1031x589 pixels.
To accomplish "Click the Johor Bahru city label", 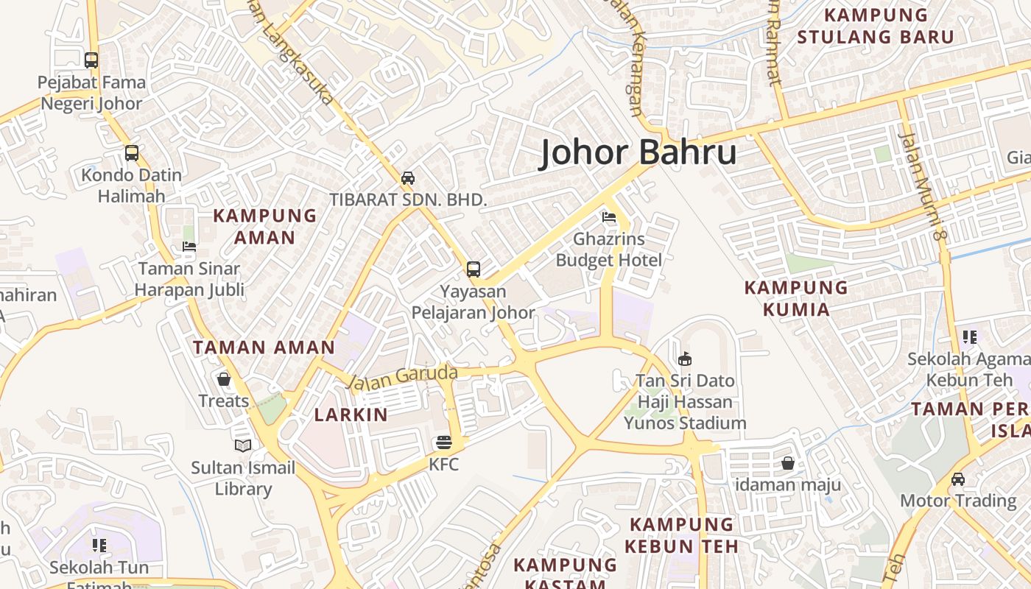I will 638,152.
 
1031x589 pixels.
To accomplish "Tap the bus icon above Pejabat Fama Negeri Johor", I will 91,60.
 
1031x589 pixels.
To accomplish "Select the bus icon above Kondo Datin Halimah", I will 132,153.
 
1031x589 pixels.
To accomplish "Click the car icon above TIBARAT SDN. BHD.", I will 407,177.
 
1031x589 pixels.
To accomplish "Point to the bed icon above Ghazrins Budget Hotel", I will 609,217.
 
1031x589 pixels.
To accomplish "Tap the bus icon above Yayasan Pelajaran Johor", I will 474,269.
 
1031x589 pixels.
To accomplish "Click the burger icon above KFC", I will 443,442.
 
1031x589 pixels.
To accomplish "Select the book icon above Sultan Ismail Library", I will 243,445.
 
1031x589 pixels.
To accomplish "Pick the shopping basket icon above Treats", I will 224,379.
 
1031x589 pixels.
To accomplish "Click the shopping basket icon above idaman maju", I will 788,463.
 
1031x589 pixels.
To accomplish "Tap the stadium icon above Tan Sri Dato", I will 685,359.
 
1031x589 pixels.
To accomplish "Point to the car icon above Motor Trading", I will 957,479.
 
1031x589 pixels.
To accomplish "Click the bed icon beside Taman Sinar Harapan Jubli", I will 189,247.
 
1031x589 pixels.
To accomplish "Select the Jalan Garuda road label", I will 402,376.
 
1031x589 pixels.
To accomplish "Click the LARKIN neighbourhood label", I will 351,415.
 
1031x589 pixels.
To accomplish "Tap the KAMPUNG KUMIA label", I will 796,298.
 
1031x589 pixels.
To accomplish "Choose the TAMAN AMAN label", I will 264,348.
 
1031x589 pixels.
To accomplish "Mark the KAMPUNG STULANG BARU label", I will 876,26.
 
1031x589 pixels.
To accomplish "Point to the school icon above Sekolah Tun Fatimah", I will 99,546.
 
